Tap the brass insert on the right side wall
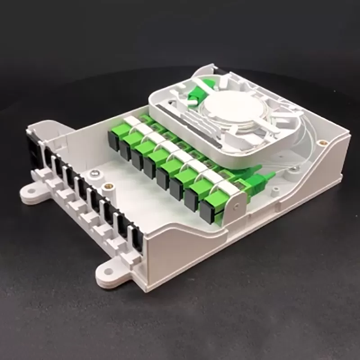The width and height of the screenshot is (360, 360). [321, 144]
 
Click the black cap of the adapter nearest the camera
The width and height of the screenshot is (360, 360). [207, 211]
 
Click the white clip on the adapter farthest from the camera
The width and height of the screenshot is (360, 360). [132, 121]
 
